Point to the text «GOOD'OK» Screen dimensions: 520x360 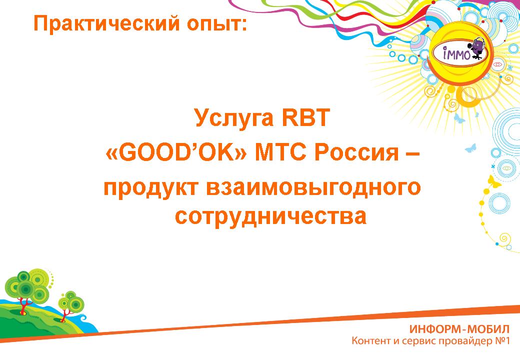point(176,152)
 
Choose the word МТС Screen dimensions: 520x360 point(281,153)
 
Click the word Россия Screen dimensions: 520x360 point(356,153)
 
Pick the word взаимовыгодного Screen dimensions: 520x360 point(313,187)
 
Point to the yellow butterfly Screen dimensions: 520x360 point(494,181)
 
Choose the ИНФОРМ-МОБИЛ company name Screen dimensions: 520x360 point(459,329)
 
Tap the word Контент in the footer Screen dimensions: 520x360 point(371,341)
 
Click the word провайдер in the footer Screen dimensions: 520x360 point(464,341)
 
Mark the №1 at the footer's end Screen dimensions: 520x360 point(501,341)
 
